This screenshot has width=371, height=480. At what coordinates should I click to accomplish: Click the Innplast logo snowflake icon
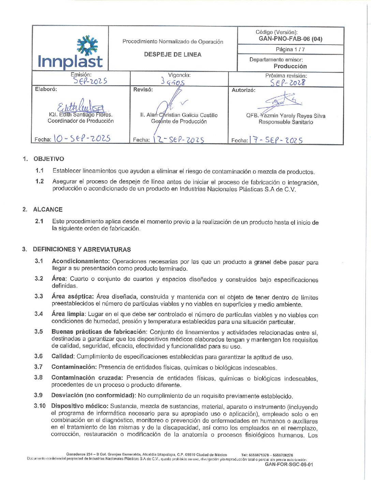coord(87,45)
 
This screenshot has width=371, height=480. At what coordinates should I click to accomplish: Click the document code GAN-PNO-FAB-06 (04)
coord(291,39)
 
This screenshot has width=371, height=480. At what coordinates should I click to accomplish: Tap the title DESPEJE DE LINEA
coord(173,55)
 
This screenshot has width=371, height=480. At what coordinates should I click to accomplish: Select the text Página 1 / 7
coord(290,49)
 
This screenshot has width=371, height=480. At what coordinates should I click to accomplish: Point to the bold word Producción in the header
coord(290,66)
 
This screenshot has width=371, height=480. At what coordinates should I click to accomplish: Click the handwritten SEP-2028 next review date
coord(287,82)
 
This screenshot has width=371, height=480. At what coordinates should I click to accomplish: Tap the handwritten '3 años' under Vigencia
coord(173,82)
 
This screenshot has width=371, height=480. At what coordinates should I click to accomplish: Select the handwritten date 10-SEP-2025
coord(82,138)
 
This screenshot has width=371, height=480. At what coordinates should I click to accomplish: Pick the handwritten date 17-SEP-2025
coord(276,140)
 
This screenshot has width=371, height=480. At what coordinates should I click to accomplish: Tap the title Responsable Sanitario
coord(286,122)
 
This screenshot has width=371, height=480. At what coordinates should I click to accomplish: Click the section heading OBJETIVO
coord(49,159)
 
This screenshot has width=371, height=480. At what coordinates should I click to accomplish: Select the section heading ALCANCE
coord(48,209)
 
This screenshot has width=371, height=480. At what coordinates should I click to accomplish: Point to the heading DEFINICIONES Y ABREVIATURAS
coord(82,250)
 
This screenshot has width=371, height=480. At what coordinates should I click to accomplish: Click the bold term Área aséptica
coord(72,297)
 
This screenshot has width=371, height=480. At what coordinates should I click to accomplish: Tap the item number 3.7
coord(38,367)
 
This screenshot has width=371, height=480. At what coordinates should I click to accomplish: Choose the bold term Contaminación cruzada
coord(87,378)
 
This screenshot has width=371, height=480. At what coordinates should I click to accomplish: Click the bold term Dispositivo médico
coord(80,406)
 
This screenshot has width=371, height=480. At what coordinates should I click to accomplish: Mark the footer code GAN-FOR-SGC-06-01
coord(289,464)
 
